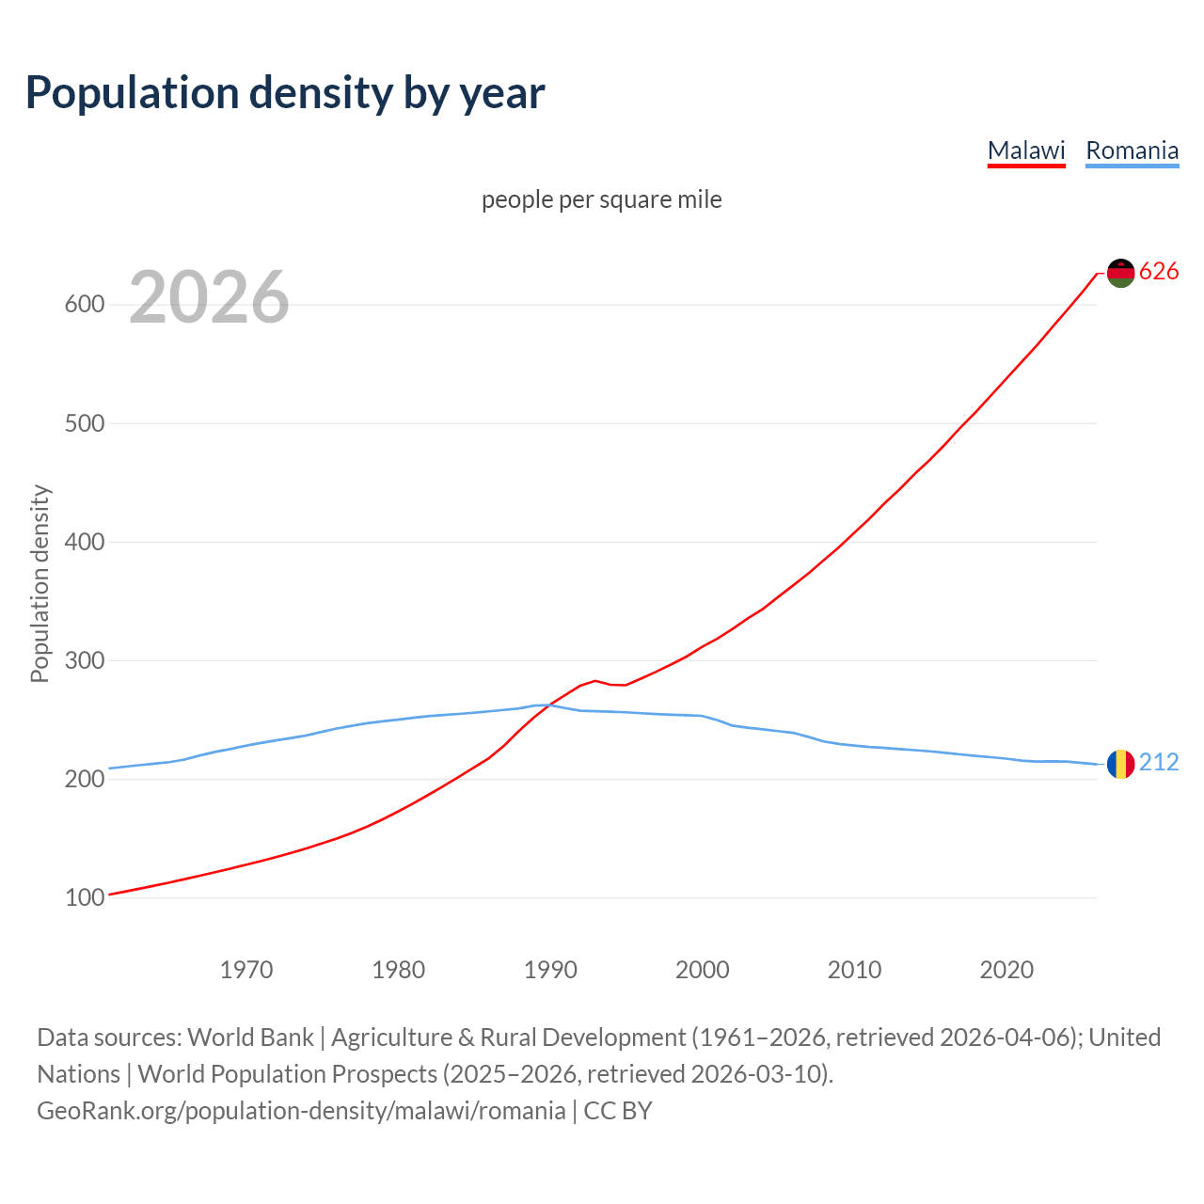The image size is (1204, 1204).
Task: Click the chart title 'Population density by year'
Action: coord(285,92)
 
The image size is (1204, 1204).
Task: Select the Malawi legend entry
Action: coord(1026,150)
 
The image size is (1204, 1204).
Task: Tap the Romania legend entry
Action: coord(1132,150)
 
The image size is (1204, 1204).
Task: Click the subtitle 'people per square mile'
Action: coord(602,199)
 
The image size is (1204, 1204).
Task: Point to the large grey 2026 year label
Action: coord(209,297)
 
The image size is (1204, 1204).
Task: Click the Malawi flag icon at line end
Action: coord(1120,273)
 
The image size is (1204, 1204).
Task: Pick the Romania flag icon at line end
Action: coord(1120,764)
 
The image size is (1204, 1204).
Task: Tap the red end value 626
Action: coord(1159,272)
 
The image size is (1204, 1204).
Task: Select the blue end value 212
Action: coord(1159,763)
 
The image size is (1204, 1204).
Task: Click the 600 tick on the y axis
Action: coord(84,305)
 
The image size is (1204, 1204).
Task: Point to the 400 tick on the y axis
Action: coord(84,543)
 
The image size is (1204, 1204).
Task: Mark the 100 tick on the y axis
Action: coord(84,898)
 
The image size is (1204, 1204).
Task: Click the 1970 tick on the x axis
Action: coord(246,970)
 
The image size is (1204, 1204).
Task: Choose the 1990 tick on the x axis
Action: coord(550,970)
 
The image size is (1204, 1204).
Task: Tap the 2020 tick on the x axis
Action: coord(1006,970)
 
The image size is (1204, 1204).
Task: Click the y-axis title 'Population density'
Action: coord(40,583)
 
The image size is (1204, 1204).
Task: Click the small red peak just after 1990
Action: coord(594,680)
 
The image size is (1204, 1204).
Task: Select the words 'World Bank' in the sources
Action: coord(250,1038)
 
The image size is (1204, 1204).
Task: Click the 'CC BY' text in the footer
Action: coord(618,1111)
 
